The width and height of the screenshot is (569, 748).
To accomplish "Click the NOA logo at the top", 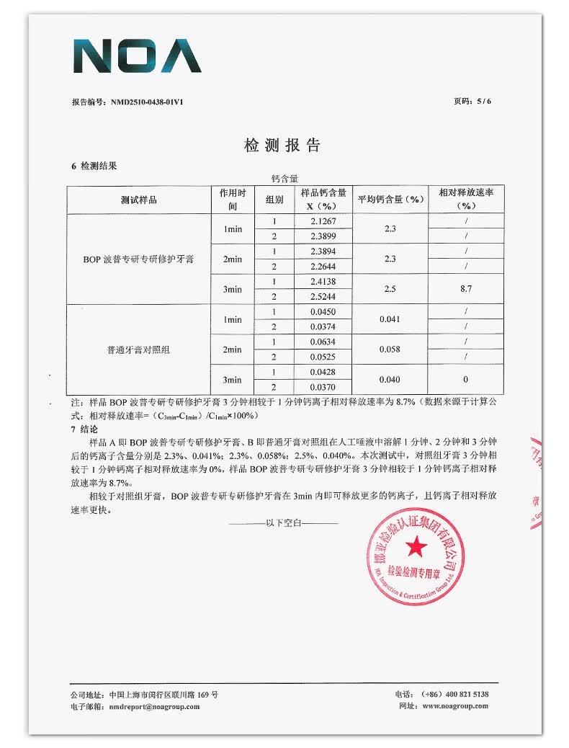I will click(137, 56).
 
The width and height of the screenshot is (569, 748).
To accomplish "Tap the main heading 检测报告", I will click(282, 146).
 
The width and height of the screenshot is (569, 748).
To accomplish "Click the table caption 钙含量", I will click(284, 177).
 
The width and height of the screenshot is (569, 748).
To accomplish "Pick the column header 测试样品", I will click(138, 200).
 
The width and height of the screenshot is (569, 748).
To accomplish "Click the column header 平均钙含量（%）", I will click(390, 200).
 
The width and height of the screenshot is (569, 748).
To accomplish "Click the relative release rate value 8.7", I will click(465, 289).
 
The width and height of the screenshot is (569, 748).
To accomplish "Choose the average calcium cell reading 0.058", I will click(390, 349).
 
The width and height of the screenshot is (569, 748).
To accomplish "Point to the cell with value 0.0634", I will click(323, 342).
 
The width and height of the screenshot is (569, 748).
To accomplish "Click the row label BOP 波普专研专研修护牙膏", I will click(138, 259).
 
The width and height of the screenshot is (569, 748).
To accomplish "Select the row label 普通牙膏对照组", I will click(138, 349).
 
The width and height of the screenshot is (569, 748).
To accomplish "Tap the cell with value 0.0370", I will click(323, 388).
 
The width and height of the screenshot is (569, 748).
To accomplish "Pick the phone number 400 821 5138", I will click(465, 694).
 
